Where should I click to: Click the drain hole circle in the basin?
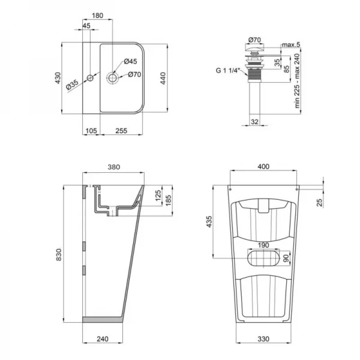click(x=112, y=77)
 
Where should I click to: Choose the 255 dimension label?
click(x=122, y=131)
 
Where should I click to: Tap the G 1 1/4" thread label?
click(x=227, y=70)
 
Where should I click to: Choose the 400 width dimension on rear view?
click(x=263, y=168)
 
